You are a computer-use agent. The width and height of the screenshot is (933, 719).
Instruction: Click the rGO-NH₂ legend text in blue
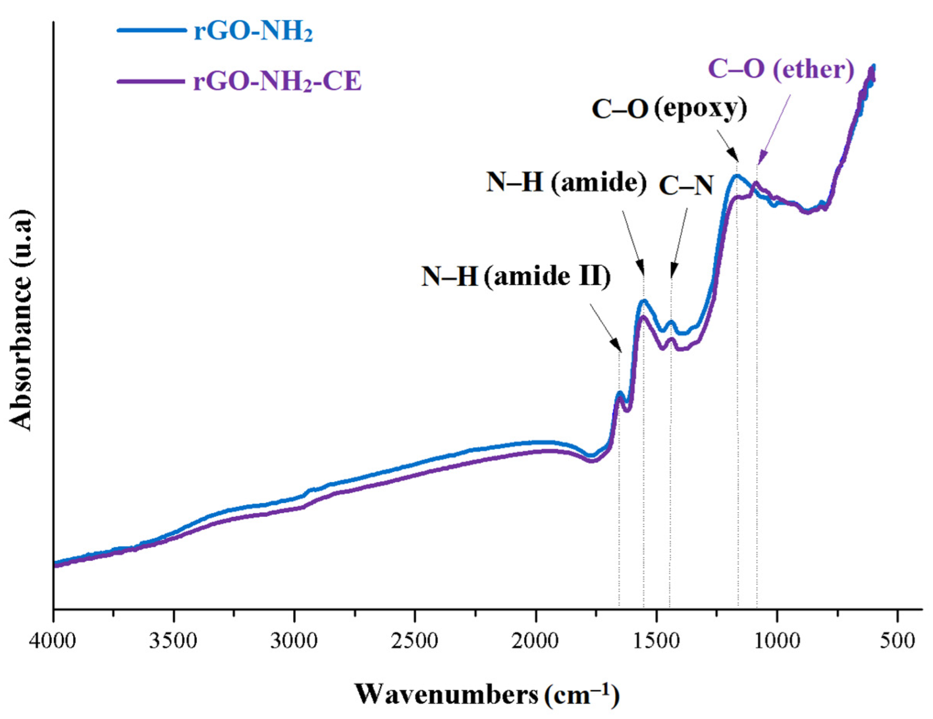[x=253, y=32]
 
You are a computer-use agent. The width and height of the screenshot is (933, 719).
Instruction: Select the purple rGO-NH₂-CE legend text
[x=277, y=81]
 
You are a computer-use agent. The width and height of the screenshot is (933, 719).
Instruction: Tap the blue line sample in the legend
[x=151, y=30]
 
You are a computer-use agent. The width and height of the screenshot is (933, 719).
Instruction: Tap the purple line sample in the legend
[x=151, y=81]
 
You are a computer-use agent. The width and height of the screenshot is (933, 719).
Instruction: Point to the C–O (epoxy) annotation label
[x=669, y=109]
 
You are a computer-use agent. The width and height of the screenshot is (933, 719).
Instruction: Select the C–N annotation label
[x=686, y=185]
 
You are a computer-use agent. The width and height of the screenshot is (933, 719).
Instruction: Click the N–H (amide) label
[x=566, y=183]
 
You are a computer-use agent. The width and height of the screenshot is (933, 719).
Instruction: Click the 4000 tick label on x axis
[x=53, y=641]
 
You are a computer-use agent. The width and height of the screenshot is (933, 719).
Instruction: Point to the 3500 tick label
[x=174, y=641]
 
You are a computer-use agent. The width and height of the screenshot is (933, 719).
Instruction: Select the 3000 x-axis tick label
[x=294, y=641]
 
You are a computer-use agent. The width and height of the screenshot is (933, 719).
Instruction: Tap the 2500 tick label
[x=415, y=641]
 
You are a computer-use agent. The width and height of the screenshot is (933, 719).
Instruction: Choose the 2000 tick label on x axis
[x=535, y=641]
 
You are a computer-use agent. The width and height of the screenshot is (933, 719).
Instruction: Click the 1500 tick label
[x=656, y=641]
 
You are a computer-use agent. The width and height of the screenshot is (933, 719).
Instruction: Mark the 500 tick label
[x=897, y=641]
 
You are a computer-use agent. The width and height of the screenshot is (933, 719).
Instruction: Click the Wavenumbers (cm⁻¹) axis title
[x=487, y=695]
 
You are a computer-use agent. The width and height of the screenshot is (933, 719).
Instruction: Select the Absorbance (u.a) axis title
[x=21, y=320]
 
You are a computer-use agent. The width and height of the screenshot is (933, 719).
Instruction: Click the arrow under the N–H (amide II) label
[x=605, y=328]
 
